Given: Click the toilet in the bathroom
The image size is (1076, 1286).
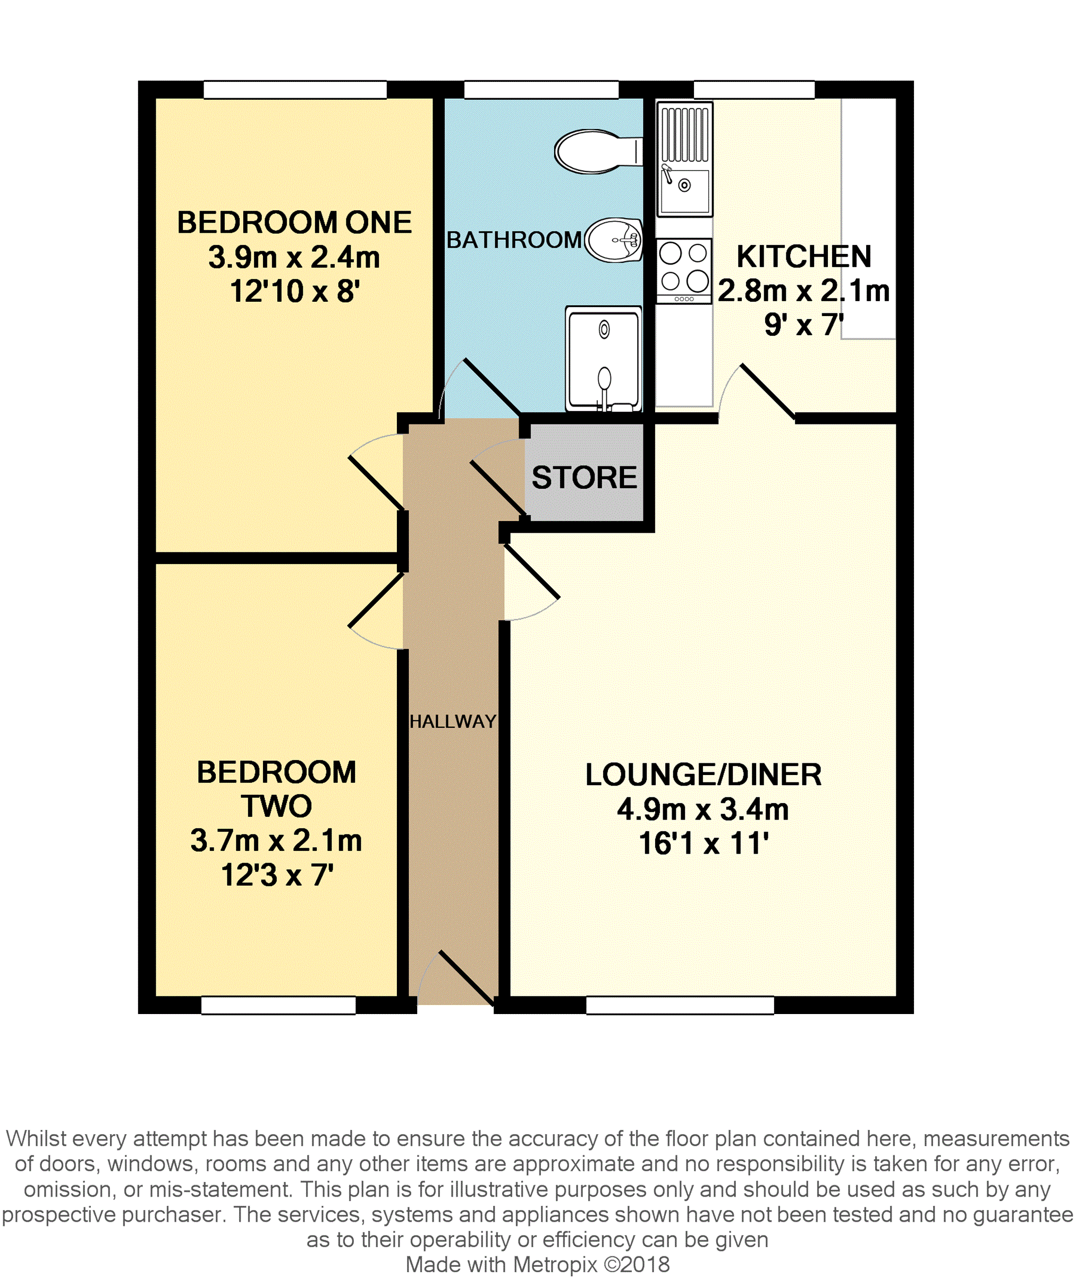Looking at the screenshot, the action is (x=598, y=151).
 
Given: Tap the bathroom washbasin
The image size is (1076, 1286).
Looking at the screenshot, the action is (x=614, y=240).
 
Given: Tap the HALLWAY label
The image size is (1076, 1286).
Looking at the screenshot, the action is (x=453, y=721).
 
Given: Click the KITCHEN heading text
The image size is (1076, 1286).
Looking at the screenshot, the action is (x=803, y=256).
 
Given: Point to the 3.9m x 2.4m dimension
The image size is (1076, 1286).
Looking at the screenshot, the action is (x=294, y=257).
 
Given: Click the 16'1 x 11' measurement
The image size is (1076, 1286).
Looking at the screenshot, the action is (x=704, y=843).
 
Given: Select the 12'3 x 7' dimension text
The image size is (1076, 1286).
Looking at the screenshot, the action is (x=277, y=875).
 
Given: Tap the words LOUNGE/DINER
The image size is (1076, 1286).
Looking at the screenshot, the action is (x=704, y=774).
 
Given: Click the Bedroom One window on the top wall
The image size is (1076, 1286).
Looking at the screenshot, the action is (x=295, y=90).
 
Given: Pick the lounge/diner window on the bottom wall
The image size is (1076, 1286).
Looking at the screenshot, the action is (x=680, y=1006).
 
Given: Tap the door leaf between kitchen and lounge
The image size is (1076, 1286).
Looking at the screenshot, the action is (x=768, y=392).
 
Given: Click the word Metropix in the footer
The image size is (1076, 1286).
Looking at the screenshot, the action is (x=555, y=1265).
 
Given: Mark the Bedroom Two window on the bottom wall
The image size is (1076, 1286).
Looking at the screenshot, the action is (x=278, y=1006).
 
